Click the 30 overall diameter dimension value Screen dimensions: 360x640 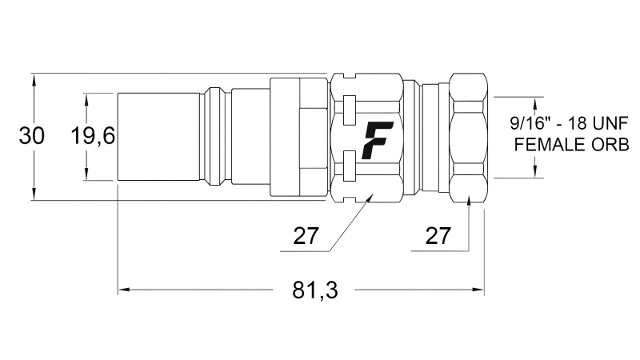pyautogui.click(x=31, y=137)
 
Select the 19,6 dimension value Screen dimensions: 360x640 pyautogui.click(x=93, y=137)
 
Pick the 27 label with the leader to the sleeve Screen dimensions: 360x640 pyautogui.click(x=306, y=237)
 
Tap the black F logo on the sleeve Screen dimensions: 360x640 pyautogui.click(x=374, y=139)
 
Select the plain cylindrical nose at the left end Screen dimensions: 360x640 pyautogui.click(x=158, y=137)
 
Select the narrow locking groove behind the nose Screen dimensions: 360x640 pyautogui.click(x=215, y=137)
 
